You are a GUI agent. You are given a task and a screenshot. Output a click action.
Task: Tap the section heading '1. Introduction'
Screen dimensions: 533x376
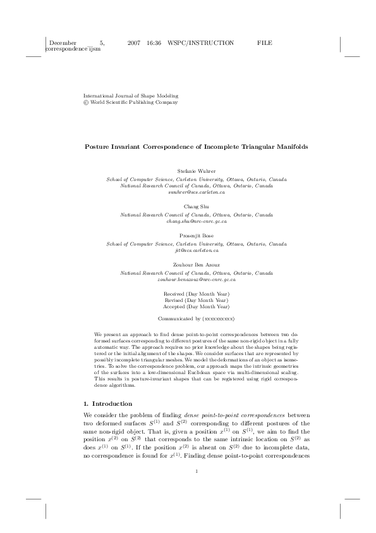tap(108, 403)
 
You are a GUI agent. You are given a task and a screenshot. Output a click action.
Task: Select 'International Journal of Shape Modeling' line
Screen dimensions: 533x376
tap(123, 95)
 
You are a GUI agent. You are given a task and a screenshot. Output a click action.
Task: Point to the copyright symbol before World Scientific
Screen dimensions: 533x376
tap(86, 101)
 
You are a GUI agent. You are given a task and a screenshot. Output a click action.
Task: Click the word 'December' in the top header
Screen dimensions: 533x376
tap(63, 42)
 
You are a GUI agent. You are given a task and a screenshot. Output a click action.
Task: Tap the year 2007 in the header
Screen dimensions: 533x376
tap(133, 42)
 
